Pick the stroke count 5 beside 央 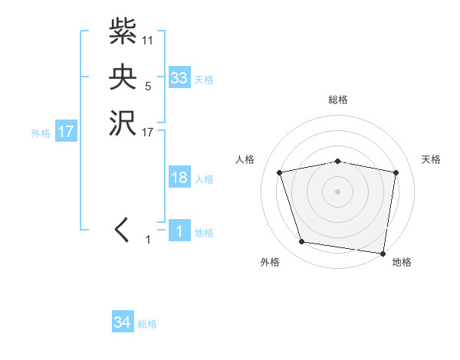148,87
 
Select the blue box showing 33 179,78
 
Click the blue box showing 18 179,178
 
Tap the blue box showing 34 123,322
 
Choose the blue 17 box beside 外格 66,132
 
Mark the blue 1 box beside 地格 179,231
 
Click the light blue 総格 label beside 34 148,324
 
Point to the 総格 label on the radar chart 338,100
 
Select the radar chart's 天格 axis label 431,159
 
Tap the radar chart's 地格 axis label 402,263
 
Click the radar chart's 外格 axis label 269,263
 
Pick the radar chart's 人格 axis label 245,159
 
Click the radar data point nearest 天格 396,172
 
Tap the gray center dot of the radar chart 338,191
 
